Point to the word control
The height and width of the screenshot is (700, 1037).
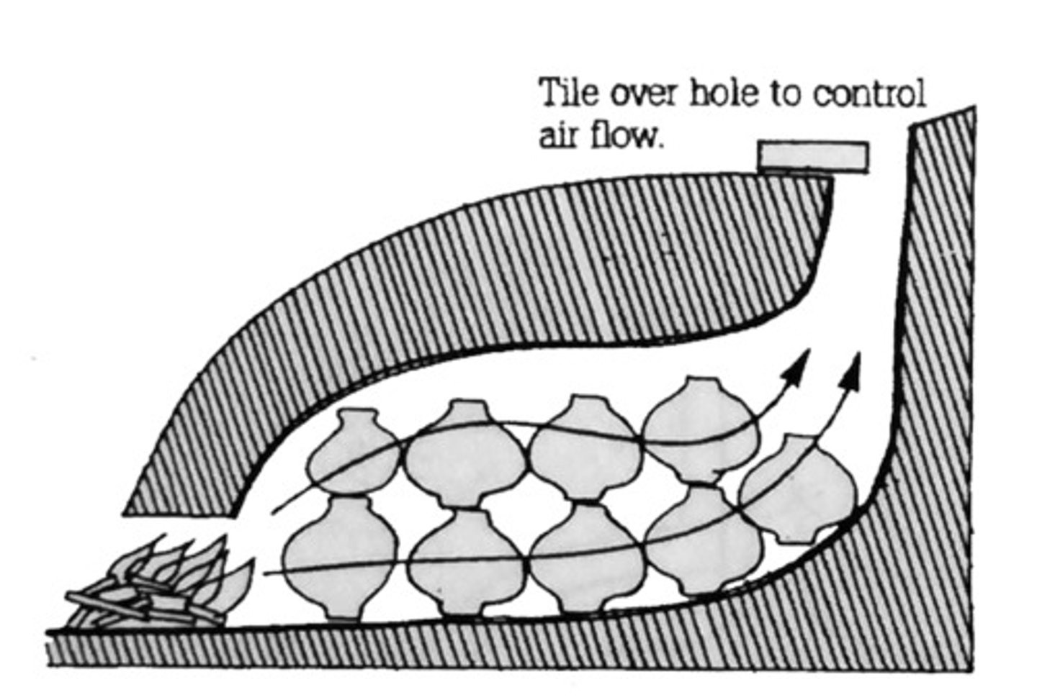[x=869, y=95]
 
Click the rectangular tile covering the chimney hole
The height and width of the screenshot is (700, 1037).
[x=812, y=156]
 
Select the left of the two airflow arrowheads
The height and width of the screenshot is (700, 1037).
[x=799, y=365]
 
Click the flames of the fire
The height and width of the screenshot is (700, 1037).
[x=187, y=565]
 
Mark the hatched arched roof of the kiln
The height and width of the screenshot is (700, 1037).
[x=504, y=273]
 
